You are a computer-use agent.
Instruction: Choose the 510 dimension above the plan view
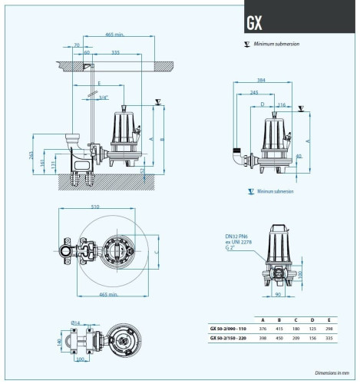[x=94, y=206]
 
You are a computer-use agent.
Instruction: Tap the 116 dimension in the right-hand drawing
[x=282, y=104]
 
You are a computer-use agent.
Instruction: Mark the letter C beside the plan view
[x=156, y=250]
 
